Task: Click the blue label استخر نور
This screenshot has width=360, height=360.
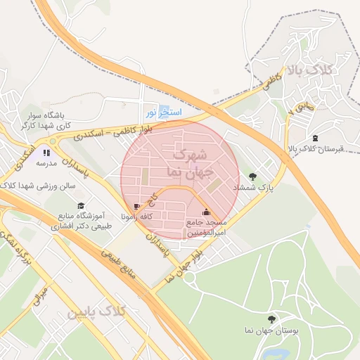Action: click(164, 112)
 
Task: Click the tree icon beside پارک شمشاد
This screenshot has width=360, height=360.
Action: click(252, 176)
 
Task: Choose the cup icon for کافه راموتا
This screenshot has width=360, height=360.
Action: click(136, 207)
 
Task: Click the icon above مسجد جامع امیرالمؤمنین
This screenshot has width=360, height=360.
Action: click(206, 212)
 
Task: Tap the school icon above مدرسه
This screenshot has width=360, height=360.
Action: click(46, 152)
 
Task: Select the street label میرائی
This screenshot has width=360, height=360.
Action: click(41, 295)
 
